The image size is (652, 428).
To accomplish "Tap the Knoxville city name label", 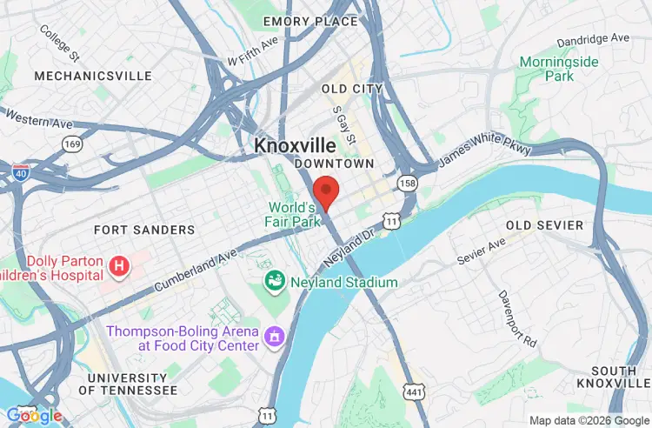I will [x=295, y=146].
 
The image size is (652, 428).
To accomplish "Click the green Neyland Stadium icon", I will [x=275, y=282].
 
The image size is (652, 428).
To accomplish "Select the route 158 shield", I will [x=407, y=183].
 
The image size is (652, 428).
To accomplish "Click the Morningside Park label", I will [x=547, y=69].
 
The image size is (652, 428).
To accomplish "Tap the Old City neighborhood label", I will [x=351, y=89].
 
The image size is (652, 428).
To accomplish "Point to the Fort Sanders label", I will [x=144, y=230].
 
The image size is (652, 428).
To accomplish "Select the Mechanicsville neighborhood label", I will [x=93, y=76].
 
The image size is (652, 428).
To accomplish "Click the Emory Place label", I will [x=310, y=21].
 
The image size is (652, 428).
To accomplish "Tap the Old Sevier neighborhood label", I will [x=545, y=225].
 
